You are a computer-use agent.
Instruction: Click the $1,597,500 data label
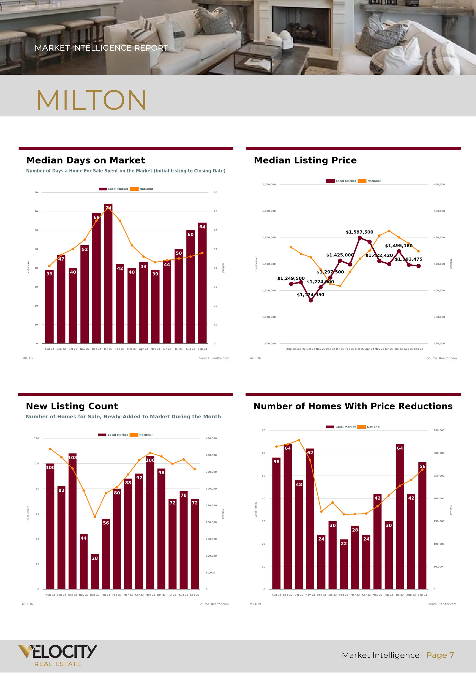click(359, 232)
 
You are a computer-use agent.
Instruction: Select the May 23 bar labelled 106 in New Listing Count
click(150, 523)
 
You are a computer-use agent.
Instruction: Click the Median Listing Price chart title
click(305, 160)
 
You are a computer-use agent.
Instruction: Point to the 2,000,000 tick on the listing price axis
click(269, 184)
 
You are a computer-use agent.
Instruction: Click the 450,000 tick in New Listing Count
click(211, 438)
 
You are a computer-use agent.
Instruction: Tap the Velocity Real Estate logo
click(58, 655)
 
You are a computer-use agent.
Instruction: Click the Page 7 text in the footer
click(440, 655)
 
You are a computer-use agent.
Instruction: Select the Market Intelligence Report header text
click(101, 48)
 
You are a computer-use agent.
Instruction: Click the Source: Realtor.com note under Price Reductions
click(441, 604)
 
